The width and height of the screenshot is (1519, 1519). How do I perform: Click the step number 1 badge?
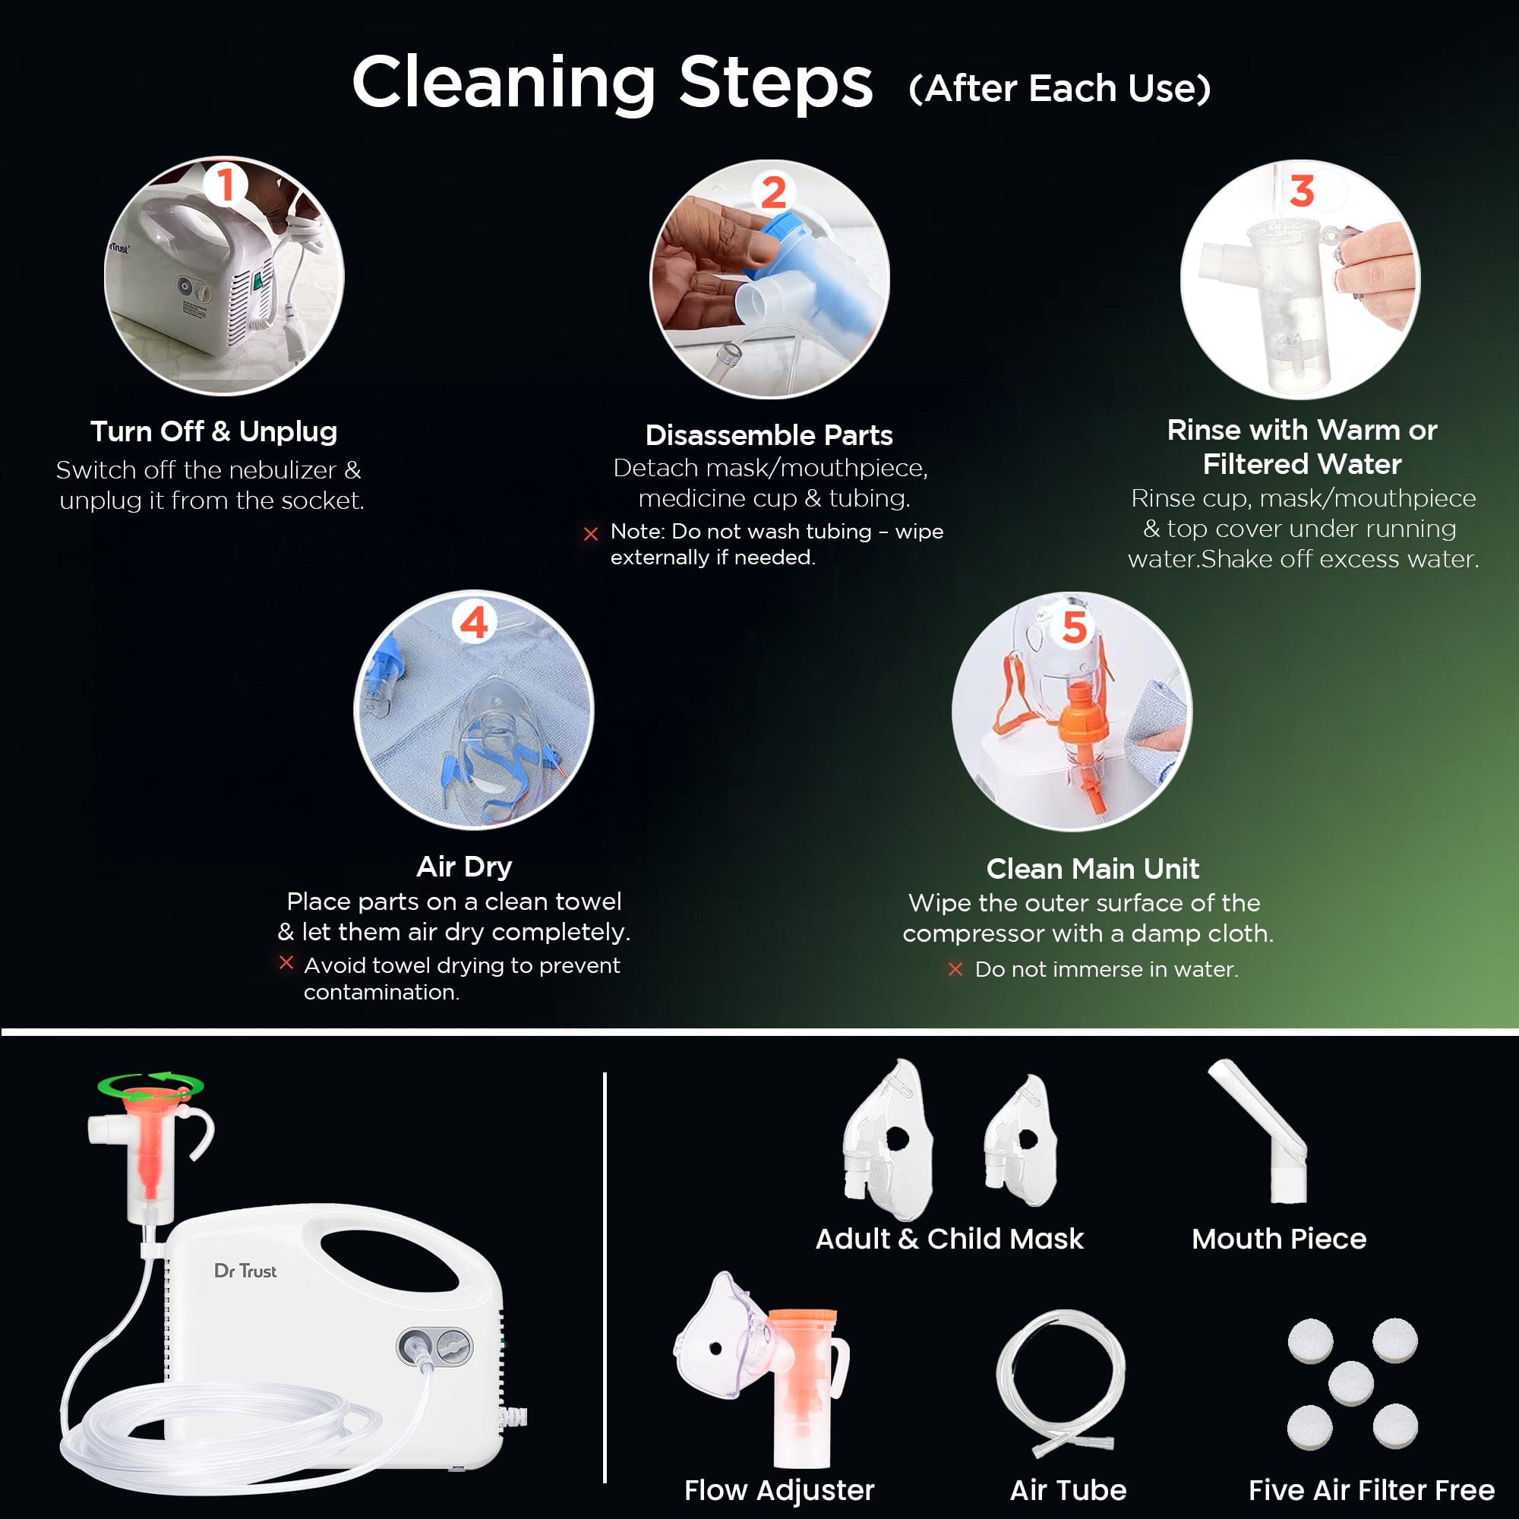click(226, 185)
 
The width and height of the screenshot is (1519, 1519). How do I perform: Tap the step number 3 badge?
click(1301, 191)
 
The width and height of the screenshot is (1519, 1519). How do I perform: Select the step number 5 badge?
click(1074, 627)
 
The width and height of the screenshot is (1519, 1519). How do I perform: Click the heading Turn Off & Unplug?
click(214, 431)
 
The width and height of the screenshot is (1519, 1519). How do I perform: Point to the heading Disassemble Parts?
click(768, 434)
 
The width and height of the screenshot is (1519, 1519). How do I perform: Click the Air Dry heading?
click(464, 866)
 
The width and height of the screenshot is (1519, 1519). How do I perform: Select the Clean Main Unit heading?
click(1092, 868)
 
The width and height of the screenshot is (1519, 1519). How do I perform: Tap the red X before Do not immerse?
click(955, 969)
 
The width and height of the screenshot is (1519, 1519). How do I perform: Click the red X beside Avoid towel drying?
click(286, 962)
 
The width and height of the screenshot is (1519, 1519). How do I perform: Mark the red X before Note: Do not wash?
click(590, 534)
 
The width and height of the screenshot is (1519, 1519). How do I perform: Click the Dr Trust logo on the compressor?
click(245, 1271)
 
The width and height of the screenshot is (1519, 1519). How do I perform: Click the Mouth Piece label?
click(1278, 1238)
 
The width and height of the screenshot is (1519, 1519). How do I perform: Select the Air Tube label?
click(1068, 1489)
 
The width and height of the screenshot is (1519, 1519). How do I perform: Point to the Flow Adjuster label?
click(778, 1489)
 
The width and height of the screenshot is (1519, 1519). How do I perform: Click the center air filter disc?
click(1350, 1383)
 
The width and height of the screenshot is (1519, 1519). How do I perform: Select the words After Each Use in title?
click(1059, 88)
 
